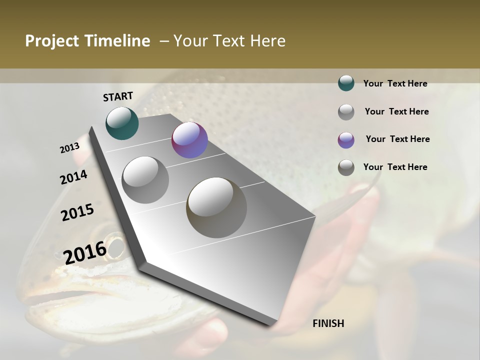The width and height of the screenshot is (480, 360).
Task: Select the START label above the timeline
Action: coord(118,96)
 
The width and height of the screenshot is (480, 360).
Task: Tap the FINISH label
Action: coord(328,323)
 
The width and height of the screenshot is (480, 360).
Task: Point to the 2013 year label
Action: coord(70,148)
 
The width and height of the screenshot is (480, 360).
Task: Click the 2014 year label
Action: coord(74,177)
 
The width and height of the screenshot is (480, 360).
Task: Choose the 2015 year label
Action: coord(77,212)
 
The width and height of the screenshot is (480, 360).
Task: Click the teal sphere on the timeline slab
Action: coord(122,123)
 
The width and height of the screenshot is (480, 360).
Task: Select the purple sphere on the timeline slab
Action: coord(189,140)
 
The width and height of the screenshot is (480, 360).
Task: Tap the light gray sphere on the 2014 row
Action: coord(145,179)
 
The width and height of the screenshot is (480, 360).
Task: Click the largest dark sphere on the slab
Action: coord(216,207)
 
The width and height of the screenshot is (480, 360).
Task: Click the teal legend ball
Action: coord(346,83)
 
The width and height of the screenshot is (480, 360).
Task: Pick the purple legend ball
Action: coord(346,139)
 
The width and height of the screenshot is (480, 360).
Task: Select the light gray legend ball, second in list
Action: coord(346,112)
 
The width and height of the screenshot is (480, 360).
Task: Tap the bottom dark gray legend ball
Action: coord(346,167)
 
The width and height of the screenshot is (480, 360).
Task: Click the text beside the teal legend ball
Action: coord(395,83)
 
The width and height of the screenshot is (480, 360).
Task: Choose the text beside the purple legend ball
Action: coord(397,139)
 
